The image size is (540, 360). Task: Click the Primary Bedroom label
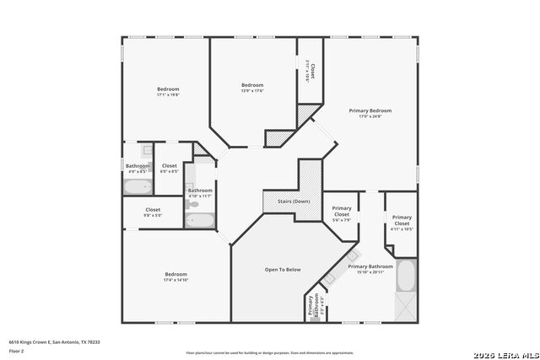(370, 110)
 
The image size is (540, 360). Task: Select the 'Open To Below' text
(283, 270)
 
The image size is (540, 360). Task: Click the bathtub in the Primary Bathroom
(406, 276)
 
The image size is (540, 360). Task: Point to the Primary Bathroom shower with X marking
(406, 306)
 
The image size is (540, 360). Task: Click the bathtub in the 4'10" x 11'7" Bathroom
(200, 221)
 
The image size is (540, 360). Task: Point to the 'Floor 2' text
(17, 351)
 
